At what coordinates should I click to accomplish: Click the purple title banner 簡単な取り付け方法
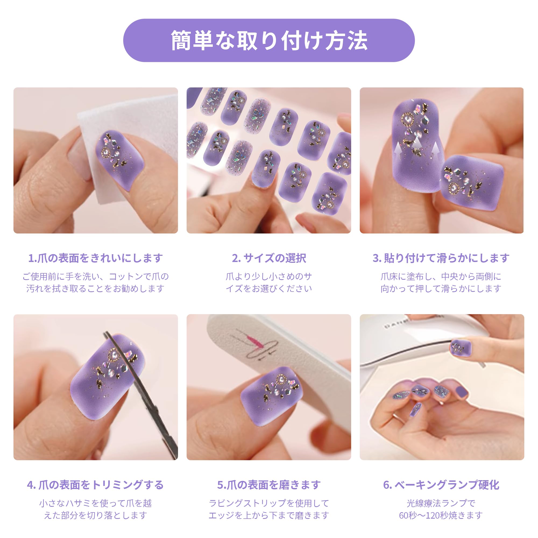pyautogui.click(x=269, y=40)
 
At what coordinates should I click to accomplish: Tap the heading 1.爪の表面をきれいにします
pyautogui.click(x=95, y=258)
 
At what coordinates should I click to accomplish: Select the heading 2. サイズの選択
pyautogui.click(x=269, y=258)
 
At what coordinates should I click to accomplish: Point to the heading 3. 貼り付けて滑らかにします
pyautogui.click(x=441, y=258)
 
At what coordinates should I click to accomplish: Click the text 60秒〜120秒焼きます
pyautogui.click(x=441, y=515)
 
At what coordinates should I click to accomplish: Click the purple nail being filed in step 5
pyautogui.click(x=271, y=393)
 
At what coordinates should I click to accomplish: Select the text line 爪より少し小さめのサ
pyautogui.click(x=269, y=277)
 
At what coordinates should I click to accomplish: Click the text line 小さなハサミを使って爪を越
pyautogui.click(x=95, y=503)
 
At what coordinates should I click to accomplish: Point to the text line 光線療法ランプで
pyautogui.click(x=441, y=503)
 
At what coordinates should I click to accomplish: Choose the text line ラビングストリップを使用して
pyautogui.click(x=269, y=503)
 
